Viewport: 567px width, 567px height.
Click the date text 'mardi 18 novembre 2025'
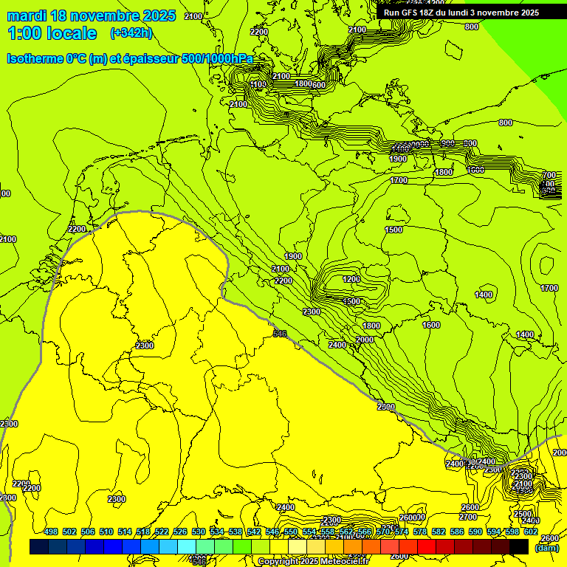coord(91,16)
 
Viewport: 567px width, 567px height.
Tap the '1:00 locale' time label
coord(52,33)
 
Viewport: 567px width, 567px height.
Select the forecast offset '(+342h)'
coord(131,33)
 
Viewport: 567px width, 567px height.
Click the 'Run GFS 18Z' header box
coord(461,13)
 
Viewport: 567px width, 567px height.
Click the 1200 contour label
coord(351,279)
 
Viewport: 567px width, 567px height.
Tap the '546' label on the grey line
coord(280,334)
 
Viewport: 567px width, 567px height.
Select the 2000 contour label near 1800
coord(365,340)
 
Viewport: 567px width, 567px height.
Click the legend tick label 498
coord(51,532)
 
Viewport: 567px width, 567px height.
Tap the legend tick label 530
coord(199,532)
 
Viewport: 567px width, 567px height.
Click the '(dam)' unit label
coord(546,548)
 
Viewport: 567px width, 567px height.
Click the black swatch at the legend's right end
coord(519,547)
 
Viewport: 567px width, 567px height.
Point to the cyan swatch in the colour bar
coord(188,547)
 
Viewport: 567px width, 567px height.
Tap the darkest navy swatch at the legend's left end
coord(39,547)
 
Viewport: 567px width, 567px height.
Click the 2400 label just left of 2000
coord(337,345)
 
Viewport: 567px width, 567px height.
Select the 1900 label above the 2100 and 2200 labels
coord(293,256)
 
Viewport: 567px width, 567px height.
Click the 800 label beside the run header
coord(472,27)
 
